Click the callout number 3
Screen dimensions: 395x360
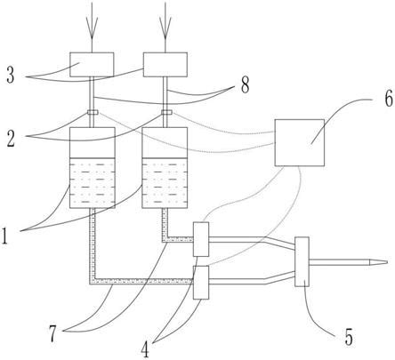pyautogui.click(x=11, y=76)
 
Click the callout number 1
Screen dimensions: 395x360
pyautogui.click(x=4, y=236)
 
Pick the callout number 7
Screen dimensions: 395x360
pyautogui.click(x=52, y=334)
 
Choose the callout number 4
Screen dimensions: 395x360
pyautogui.click(x=145, y=349)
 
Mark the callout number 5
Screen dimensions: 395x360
pyautogui.click(x=349, y=337)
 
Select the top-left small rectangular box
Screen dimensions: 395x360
pyautogui.click(x=92, y=65)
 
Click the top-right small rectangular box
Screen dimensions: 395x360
pyautogui.click(x=165, y=65)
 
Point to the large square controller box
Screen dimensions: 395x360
pyautogui.click(x=300, y=142)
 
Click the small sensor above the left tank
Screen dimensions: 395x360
pyautogui.click(x=93, y=112)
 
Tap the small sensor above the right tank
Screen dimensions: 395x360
pyautogui.click(x=166, y=112)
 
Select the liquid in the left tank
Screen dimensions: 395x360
pyautogui.click(x=93, y=183)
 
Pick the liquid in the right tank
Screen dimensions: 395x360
pyautogui.click(x=165, y=183)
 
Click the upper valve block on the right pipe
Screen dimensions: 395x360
pyautogui.click(x=201, y=239)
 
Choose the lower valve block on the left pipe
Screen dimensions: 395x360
pyautogui.click(x=201, y=283)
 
